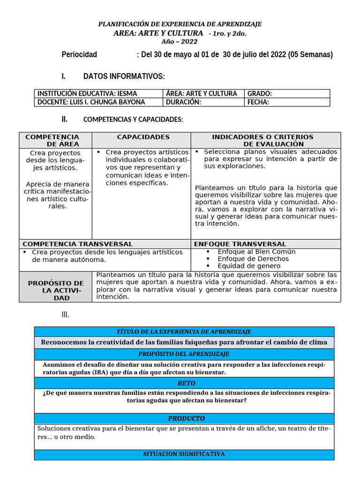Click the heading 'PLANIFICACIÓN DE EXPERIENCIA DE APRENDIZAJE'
click(x=180, y=24)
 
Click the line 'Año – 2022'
click(x=180, y=42)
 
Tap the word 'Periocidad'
click(x=79, y=54)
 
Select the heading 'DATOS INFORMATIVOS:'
click(x=124, y=76)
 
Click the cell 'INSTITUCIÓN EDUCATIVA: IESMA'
click(x=87, y=93)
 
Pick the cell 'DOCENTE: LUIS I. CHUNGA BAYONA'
click(x=91, y=102)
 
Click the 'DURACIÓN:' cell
click(x=184, y=102)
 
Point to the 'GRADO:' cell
click(x=260, y=93)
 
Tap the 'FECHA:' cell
click(x=258, y=102)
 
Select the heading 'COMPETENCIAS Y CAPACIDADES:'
click(x=133, y=120)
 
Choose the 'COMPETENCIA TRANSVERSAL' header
click(x=78, y=244)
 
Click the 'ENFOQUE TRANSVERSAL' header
click(x=240, y=244)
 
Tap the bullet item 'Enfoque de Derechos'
click(x=253, y=259)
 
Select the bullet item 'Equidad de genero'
click(x=249, y=266)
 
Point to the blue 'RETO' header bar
click(x=184, y=383)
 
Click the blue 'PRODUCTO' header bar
click(x=184, y=418)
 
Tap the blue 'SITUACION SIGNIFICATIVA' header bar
click(x=184, y=454)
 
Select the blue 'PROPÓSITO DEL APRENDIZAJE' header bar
click(x=184, y=353)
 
